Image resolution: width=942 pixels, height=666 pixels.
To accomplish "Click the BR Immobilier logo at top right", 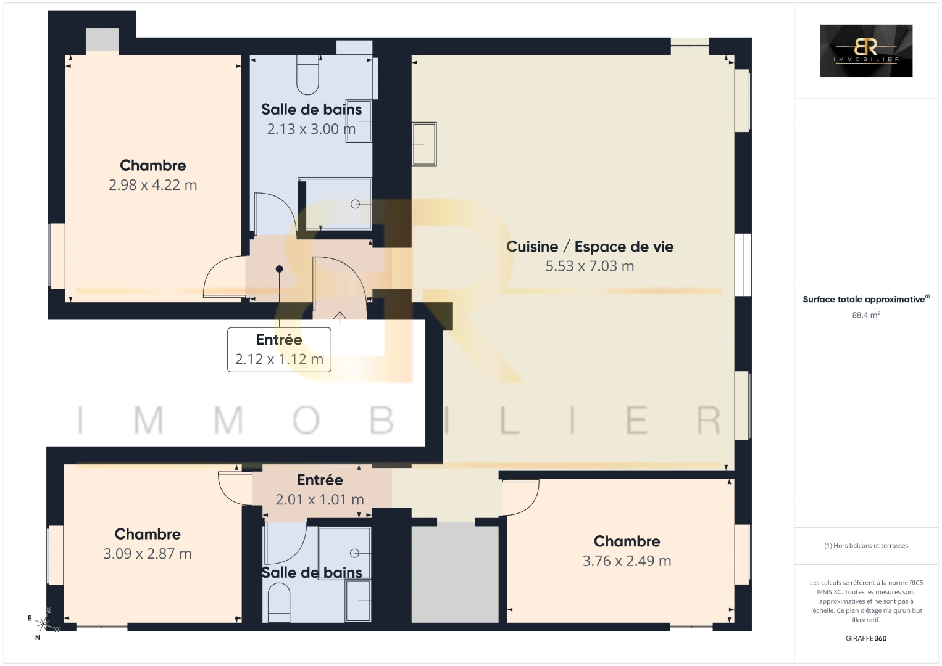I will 865,51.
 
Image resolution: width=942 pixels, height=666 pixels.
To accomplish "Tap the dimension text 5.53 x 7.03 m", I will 590,266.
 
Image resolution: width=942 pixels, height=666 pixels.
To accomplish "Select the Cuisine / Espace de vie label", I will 590,247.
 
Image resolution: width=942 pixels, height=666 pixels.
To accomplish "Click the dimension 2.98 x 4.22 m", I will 152,185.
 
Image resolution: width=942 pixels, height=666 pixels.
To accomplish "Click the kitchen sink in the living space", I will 424,144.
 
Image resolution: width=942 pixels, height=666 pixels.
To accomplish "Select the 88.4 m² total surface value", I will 865,314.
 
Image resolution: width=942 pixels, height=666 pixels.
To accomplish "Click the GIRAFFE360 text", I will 865,638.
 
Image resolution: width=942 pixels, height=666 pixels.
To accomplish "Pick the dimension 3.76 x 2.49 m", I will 627,561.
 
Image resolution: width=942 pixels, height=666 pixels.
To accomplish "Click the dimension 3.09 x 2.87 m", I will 148,554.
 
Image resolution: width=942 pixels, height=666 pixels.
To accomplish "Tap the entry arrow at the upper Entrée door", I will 340,318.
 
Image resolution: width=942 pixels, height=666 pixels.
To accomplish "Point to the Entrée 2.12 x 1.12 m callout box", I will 279,350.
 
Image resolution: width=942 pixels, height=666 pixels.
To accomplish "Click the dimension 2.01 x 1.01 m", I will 319,499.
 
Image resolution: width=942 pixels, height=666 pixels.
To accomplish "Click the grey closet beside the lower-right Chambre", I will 455,573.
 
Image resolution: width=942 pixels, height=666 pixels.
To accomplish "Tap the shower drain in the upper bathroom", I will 355,204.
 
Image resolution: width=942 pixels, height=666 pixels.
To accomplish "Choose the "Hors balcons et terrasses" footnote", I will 865,546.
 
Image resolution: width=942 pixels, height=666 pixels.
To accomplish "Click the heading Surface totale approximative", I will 864,300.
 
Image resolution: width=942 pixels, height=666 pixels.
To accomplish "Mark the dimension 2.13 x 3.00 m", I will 311,129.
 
